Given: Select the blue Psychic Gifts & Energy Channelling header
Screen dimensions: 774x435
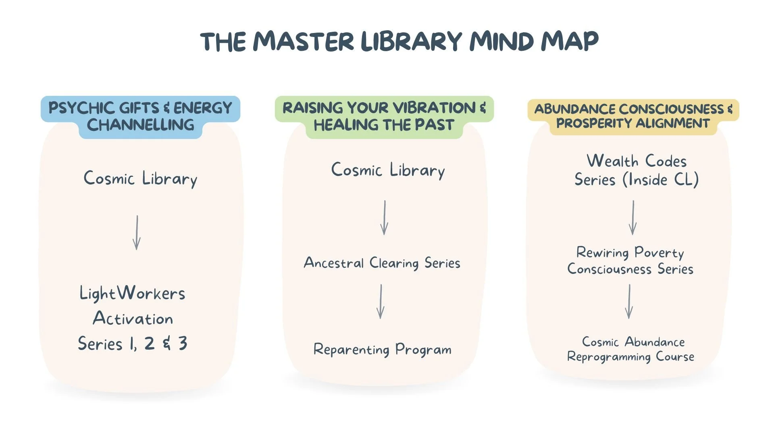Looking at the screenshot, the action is [140, 116].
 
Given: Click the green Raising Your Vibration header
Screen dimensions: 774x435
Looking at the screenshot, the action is [384, 116].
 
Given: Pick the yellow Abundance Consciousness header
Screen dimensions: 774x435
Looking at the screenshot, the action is [633, 116].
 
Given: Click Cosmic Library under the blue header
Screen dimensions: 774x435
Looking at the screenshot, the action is [140, 178].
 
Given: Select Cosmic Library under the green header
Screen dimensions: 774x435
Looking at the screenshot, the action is [388, 170].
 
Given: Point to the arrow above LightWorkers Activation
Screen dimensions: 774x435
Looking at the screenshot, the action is [137, 233].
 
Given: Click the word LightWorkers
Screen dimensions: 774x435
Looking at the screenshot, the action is [132, 293].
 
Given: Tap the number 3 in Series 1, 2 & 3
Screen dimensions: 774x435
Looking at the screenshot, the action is [183, 344].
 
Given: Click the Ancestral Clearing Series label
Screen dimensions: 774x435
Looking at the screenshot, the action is [382, 263].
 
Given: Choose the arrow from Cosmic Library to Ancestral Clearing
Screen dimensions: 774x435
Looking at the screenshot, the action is [385, 217].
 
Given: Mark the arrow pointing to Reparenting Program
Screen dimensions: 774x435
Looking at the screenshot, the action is [381, 302].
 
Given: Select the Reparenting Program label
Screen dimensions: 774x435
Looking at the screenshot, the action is [382, 350].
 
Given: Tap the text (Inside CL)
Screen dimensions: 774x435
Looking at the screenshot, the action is [661, 180].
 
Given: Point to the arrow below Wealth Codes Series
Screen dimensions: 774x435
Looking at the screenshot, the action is [633, 217].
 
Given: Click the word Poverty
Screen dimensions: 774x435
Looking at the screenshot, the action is [659, 253].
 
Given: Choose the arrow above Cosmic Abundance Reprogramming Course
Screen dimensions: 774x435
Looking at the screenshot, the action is [629, 302].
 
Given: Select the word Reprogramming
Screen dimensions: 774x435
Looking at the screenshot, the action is [609, 357].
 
